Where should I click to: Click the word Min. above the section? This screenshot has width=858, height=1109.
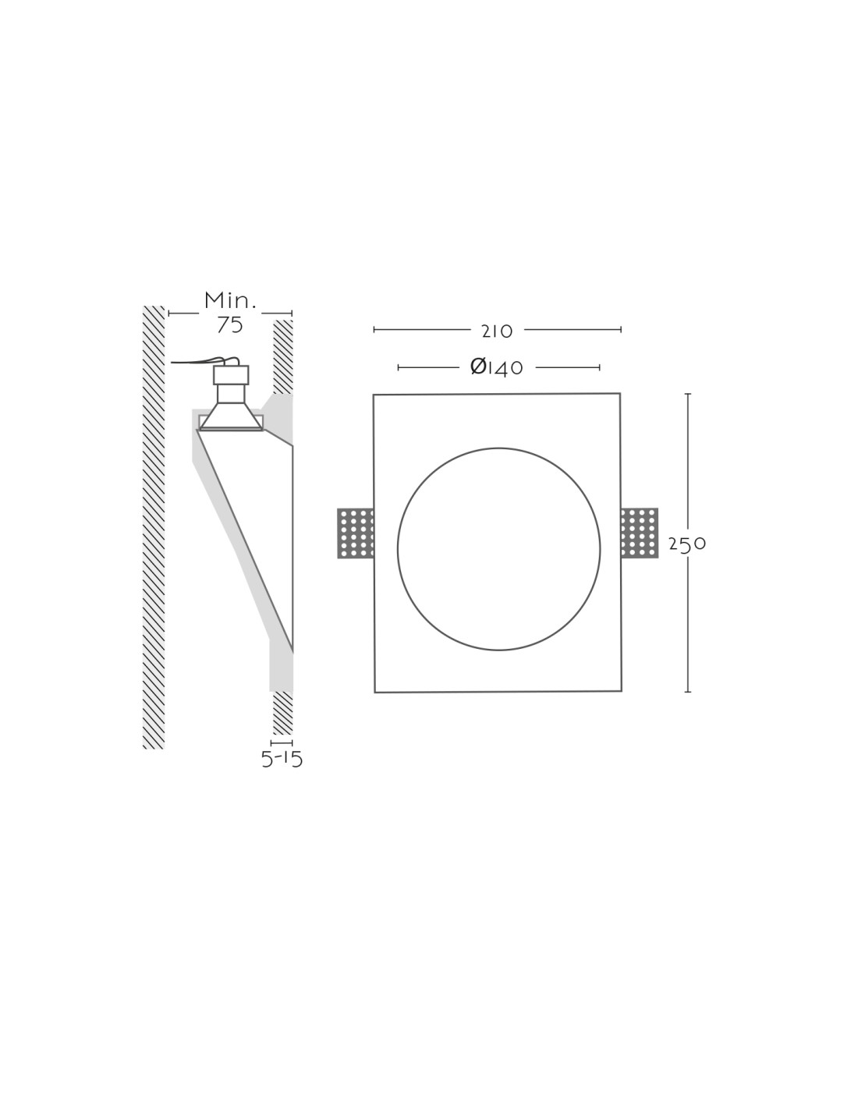pos(229,300)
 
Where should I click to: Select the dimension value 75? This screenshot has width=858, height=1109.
pos(229,325)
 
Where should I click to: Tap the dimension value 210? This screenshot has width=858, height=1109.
pos(497,331)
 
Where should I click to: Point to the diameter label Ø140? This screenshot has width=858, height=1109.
pos(497,367)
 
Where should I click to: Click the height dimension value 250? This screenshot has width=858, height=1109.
pos(687,544)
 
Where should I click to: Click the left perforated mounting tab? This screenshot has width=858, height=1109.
pos(355,533)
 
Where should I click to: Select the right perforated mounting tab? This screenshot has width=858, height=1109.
pos(640,533)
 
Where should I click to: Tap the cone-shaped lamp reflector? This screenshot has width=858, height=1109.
pos(231,416)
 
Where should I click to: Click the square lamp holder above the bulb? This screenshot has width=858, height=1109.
pos(231,375)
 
